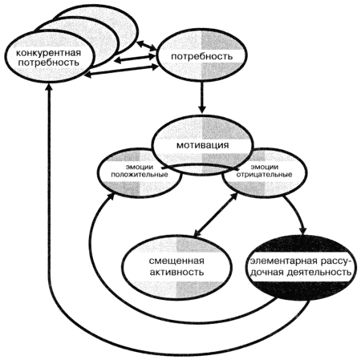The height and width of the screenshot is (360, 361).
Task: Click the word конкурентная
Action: tap(48, 53)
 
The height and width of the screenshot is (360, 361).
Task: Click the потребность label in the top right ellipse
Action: tap(201, 57)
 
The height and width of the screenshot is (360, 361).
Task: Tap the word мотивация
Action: tap(202, 145)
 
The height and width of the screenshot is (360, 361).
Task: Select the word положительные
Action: tap(140, 175)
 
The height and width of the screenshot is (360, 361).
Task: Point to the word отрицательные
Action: tap(264, 175)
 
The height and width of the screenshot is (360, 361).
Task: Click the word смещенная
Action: tap(176, 261)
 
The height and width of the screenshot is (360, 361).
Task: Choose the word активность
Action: tap(176, 273)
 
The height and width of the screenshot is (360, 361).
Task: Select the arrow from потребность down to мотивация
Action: tap(202, 97)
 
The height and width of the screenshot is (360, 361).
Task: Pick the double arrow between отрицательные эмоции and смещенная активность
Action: tap(216, 215)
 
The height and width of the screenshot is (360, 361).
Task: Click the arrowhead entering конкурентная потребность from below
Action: tap(50, 87)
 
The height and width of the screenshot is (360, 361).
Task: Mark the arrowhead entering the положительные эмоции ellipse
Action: tap(111, 197)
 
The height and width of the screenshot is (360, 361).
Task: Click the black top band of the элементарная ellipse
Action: tap(301, 244)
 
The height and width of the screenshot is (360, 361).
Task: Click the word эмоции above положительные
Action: tap(140, 168)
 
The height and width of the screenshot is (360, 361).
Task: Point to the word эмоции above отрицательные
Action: tap(264, 168)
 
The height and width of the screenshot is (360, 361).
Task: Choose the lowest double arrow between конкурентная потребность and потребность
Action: tap(122, 71)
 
